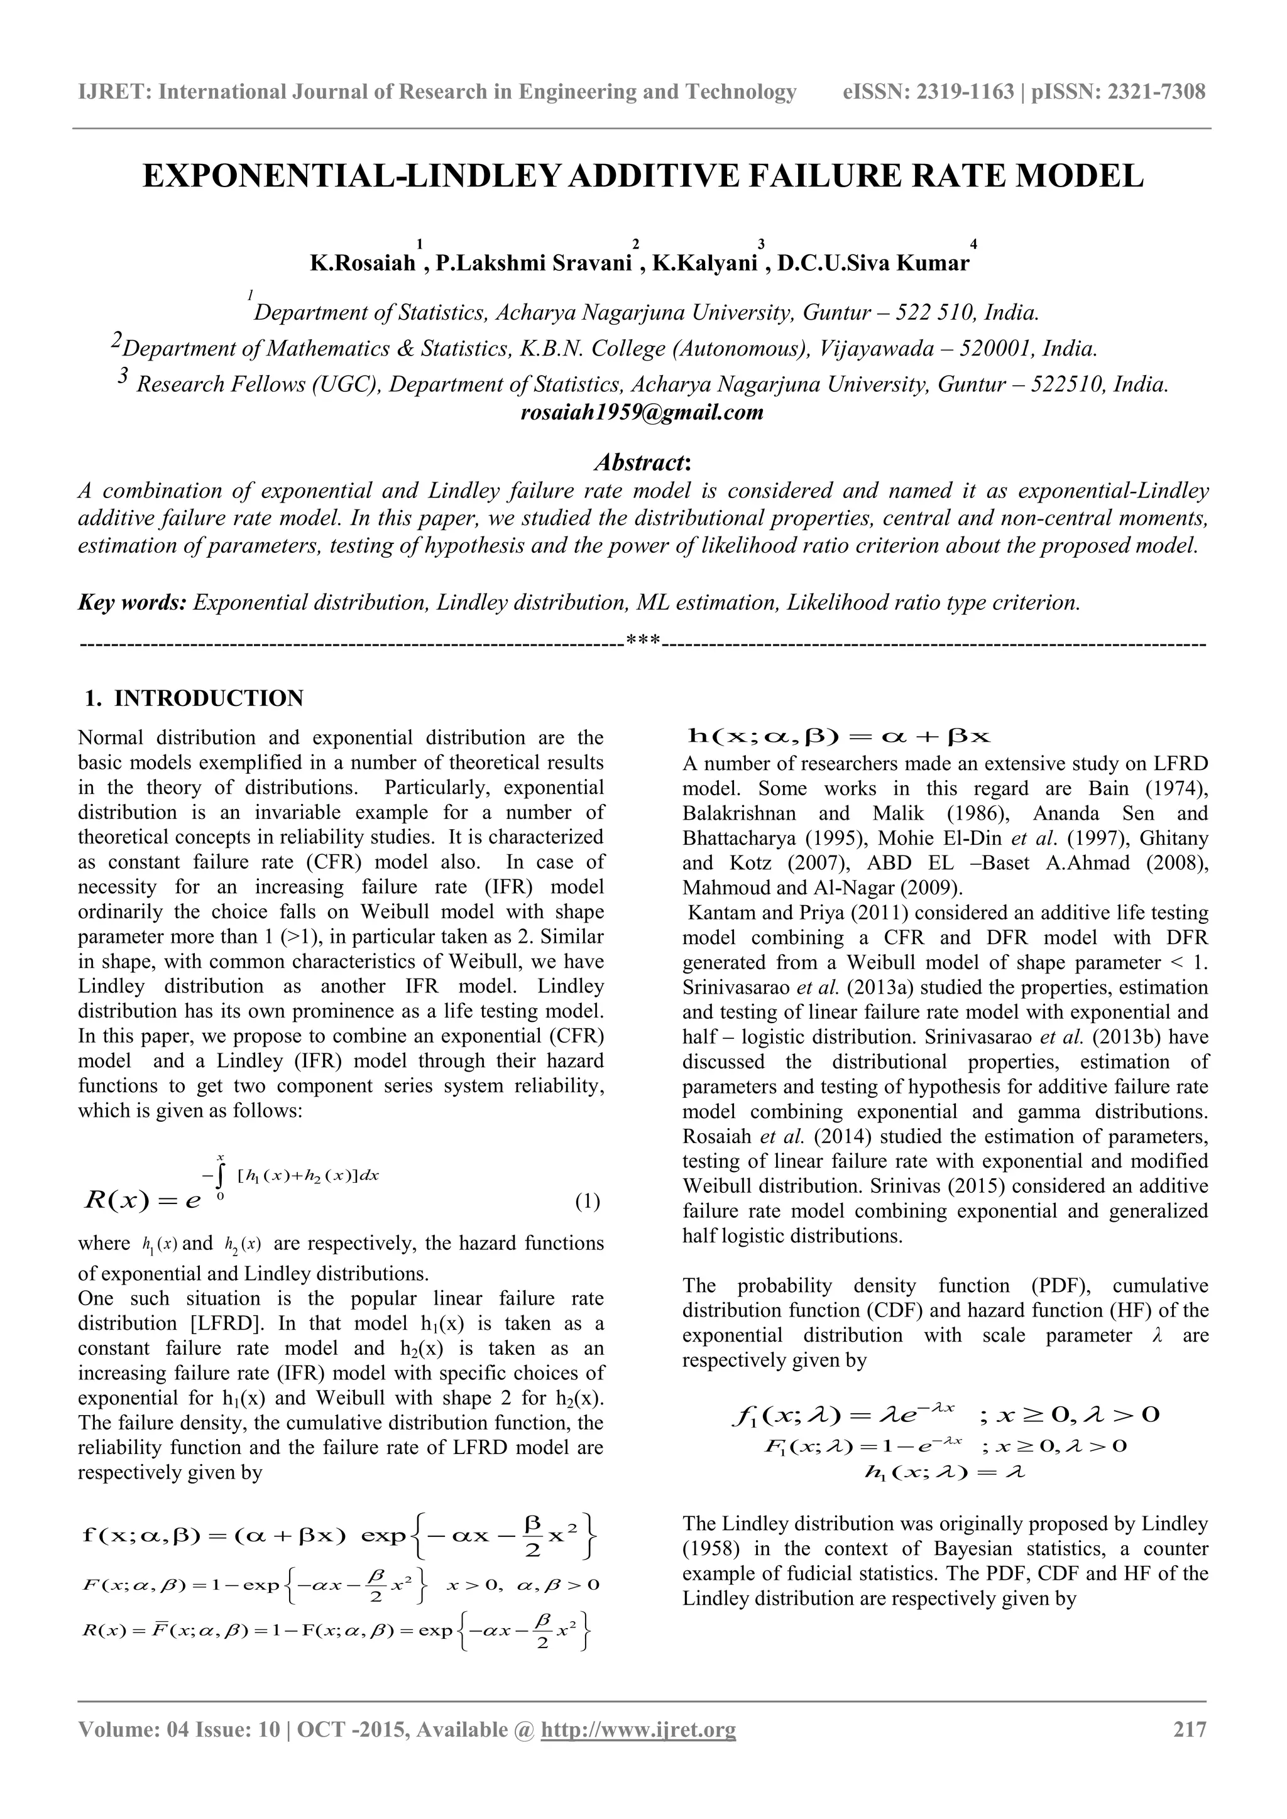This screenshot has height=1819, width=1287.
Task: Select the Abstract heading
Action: point(643,461)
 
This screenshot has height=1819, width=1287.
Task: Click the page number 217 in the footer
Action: point(1190,1728)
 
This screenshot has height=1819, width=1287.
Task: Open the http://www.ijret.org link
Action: point(638,1728)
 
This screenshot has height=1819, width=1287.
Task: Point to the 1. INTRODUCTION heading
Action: point(194,698)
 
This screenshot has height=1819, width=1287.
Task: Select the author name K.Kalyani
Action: point(704,263)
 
